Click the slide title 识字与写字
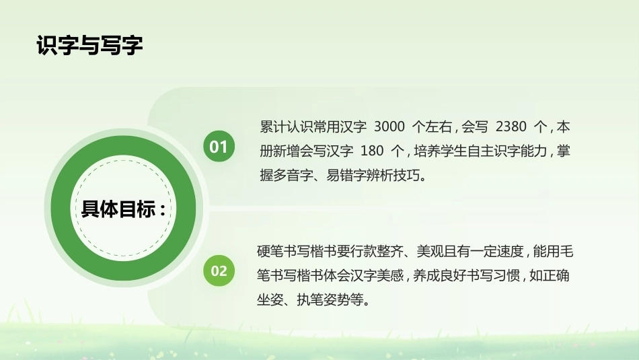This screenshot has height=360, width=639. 89,45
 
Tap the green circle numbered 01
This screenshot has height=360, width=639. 219,146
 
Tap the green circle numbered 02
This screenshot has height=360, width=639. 219,271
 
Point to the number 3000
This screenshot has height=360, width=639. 389,127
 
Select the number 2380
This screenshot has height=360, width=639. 511,127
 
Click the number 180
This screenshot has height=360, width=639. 372,151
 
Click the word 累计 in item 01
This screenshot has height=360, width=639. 273,127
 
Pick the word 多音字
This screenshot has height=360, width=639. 293,176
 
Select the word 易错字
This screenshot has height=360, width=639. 346,176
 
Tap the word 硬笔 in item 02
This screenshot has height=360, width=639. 270,251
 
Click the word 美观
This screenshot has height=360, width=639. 430,251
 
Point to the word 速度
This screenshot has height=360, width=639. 510,251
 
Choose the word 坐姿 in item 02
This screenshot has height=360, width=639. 270,300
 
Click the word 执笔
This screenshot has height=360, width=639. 310,300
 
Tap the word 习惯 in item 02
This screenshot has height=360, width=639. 506,276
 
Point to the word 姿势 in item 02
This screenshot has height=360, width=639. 336,300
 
